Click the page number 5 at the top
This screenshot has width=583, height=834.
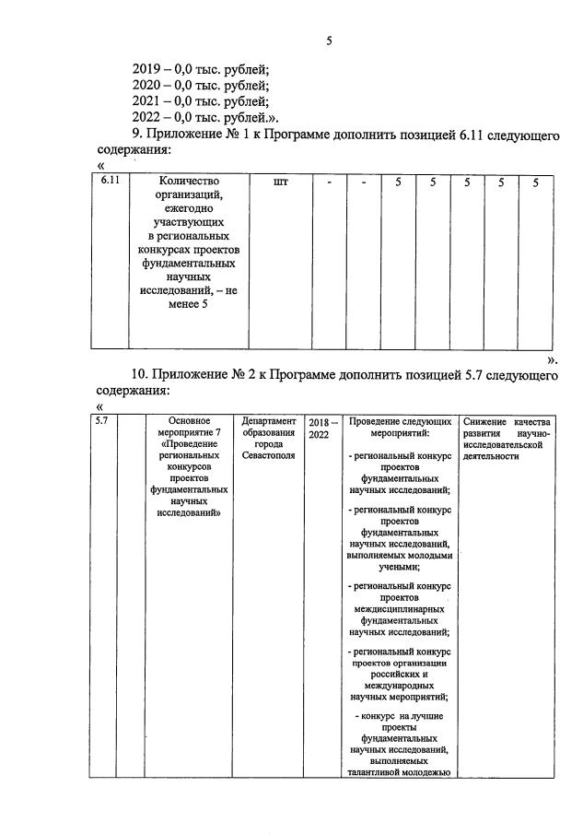point(329,40)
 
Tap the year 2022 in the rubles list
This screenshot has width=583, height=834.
point(152,118)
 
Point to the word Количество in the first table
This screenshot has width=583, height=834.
point(190,182)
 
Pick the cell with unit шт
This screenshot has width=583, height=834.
point(281,182)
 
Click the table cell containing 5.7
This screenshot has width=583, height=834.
point(104,421)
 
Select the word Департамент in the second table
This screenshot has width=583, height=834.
point(268,421)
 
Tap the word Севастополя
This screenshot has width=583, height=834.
point(268,457)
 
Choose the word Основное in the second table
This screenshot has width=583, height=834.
point(192,421)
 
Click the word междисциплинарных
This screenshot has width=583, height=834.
point(399,609)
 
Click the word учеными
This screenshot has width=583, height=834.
point(399,569)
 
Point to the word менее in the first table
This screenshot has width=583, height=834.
point(190,304)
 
